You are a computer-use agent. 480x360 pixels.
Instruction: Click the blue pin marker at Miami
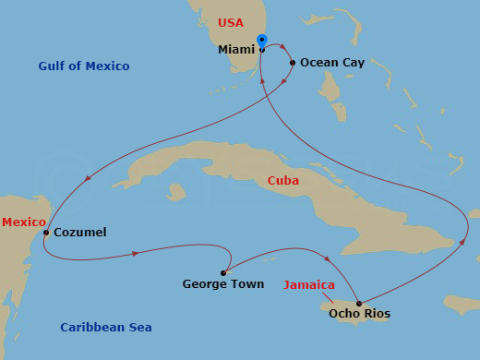(262, 42)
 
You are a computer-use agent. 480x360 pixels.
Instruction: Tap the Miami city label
(237, 50)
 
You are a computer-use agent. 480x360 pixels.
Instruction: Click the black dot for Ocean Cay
(293, 63)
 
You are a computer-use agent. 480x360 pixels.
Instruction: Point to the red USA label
(231, 22)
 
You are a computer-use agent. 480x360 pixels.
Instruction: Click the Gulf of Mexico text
(84, 66)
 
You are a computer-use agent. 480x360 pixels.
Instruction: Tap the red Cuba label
(283, 181)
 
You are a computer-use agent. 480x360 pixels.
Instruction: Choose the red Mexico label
(23, 222)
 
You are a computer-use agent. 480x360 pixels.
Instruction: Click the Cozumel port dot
(45, 233)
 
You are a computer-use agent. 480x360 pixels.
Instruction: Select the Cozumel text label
(80, 233)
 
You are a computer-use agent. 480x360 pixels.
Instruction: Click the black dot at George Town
(224, 272)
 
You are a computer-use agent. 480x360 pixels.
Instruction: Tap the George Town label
(223, 284)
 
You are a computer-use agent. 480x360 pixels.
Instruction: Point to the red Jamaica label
(309, 284)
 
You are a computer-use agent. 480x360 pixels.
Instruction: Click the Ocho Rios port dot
(358, 302)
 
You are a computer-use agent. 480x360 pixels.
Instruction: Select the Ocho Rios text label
(359, 314)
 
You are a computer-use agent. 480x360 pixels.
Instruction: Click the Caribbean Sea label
(106, 328)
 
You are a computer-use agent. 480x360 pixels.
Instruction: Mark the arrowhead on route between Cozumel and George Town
(137, 252)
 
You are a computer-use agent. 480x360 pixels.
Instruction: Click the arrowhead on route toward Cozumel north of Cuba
(87, 178)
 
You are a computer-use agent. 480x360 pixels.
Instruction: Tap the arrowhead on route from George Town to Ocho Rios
(326, 258)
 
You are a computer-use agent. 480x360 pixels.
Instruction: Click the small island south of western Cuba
(176, 192)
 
